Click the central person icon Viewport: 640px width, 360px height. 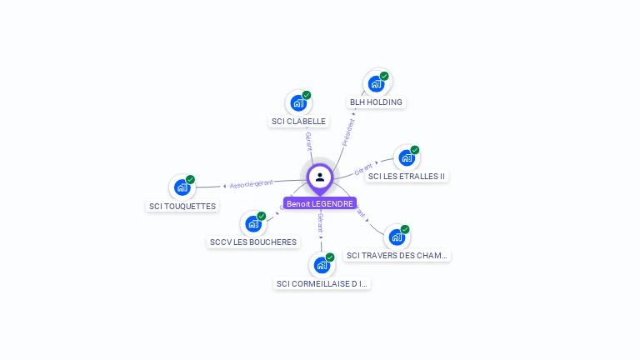point(320,177)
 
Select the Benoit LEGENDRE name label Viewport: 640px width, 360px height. point(320,203)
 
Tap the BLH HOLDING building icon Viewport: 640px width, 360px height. point(376,84)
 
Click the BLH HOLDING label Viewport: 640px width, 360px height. point(376,102)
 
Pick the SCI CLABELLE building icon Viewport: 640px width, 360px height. point(297,103)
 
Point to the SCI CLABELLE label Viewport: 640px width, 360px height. point(298,122)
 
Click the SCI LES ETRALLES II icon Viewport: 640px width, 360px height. point(406,157)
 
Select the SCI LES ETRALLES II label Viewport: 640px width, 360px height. point(407,177)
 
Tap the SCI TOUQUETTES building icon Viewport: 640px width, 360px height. point(182,187)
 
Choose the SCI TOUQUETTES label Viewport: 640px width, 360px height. point(182,207)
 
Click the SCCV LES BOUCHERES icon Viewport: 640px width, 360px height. point(252,223)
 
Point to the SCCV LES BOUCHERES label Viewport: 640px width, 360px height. point(252,242)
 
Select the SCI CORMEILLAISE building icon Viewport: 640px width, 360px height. point(321,265)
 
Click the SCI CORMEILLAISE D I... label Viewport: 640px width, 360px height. point(322,284)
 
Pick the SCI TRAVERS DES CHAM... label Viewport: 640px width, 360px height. point(397,256)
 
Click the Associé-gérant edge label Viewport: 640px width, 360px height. point(251,183)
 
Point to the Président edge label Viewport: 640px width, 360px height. point(348,132)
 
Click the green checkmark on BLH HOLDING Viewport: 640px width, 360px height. point(384,76)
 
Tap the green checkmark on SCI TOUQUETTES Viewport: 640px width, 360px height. point(190,179)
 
